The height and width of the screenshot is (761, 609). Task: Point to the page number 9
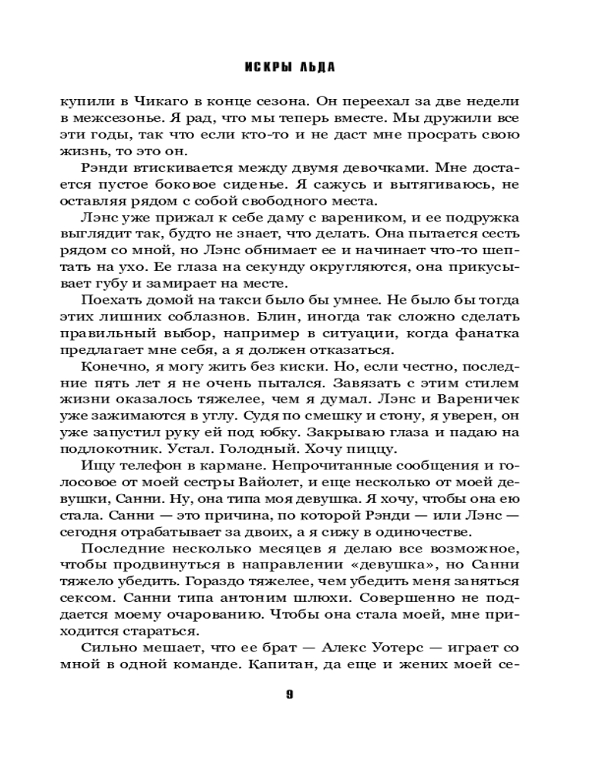[290, 693]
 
